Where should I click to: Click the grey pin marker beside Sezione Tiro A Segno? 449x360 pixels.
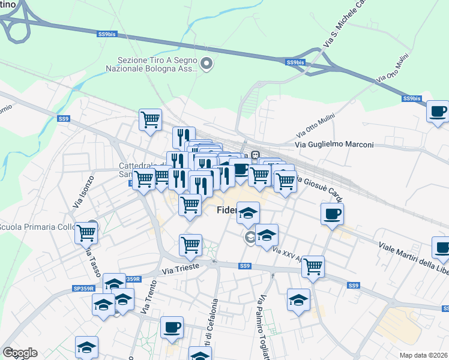pos(207,64)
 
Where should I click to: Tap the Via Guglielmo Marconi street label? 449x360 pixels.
pos(335,145)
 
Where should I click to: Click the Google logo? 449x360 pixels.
pos(20,353)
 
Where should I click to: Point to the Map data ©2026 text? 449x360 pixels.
pos(423,355)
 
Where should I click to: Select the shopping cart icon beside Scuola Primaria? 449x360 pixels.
pos(86,232)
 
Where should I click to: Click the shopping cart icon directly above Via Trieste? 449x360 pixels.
pos(190,244)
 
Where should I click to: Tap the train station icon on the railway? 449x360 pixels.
pos(255,155)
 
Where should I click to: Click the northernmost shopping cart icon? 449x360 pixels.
pos(150,119)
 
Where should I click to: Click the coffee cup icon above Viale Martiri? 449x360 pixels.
pos(332,214)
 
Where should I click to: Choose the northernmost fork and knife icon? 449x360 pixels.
pos(184,137)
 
